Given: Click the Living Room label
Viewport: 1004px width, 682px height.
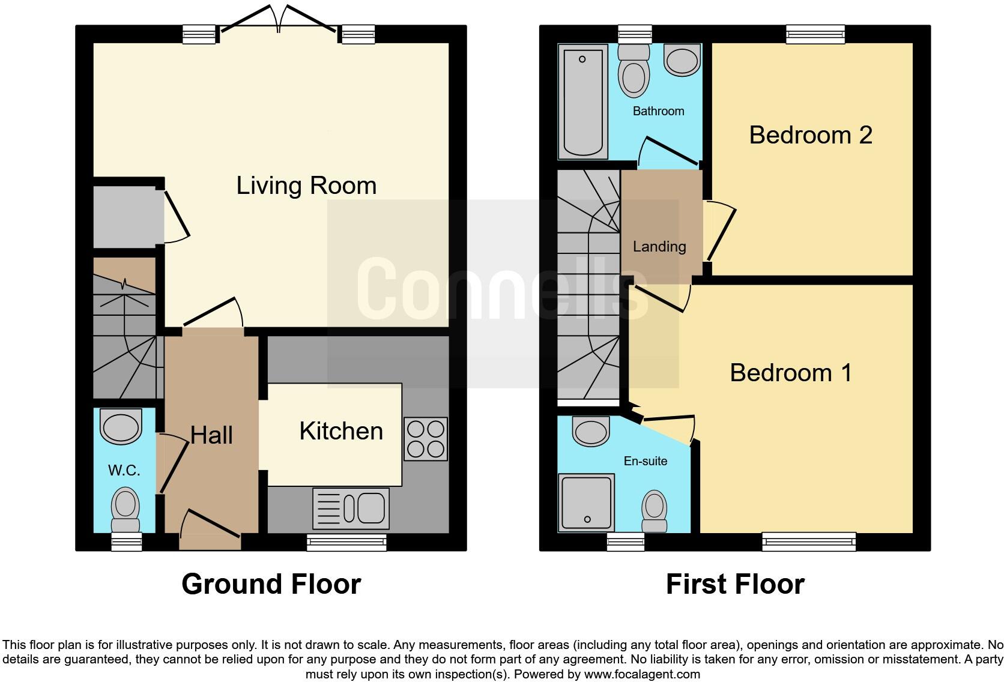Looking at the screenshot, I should [x=306, y=186].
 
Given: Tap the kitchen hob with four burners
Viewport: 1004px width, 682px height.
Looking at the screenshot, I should [x=426, y=439].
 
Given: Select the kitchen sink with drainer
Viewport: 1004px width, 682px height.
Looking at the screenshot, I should [x=351, y=508].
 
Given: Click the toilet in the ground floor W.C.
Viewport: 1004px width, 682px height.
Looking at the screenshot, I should [x=126, y=508].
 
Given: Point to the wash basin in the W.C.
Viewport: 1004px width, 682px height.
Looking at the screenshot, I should [x=121, y=426].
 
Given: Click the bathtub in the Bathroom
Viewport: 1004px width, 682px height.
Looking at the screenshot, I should [x=582, y=101].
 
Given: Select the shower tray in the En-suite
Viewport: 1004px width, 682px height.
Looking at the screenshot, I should [x=587, y=502].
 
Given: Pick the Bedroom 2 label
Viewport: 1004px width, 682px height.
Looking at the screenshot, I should [x=810, y=135].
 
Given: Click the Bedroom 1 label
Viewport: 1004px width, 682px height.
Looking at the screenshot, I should [x=790, y=373].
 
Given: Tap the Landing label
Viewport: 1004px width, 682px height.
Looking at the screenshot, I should [x=659, y=247].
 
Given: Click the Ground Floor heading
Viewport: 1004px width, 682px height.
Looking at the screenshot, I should [x=271, y=584].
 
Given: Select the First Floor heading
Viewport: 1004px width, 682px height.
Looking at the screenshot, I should [x=735, y=584].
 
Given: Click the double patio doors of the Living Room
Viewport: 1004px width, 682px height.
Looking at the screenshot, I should [x=279, y=24].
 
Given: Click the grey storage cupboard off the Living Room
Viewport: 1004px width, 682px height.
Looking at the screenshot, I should [x=124, y=216].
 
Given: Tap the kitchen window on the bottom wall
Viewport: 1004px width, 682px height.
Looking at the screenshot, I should [x=346, y=543].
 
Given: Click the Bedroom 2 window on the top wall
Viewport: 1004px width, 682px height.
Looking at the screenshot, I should [x=815, y=35].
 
